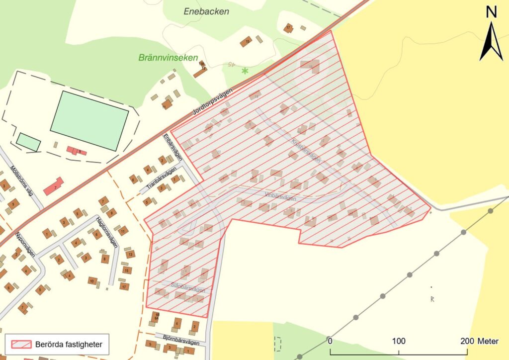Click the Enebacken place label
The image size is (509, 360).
tap(206, 11)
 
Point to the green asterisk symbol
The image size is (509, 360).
tap(245, 71)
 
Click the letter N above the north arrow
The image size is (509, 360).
tap(492, 12)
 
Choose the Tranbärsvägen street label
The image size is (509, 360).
tap(162, 180)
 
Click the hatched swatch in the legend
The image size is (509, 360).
tap(19, 344)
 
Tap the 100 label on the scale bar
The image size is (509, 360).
tap(399, 342)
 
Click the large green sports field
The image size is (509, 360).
tap(89, 120)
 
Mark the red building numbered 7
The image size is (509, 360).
tap(53, 186)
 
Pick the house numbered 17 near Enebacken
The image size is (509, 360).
tap(288, 28)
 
